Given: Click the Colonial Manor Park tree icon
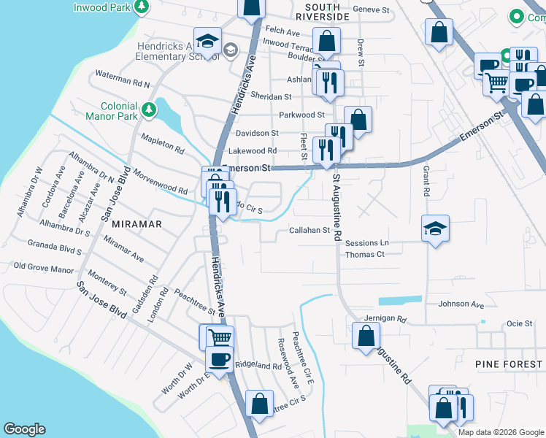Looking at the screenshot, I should coord(150,109).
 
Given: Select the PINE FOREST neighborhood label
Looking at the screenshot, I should coord(509,364).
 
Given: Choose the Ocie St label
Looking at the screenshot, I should coord(519,323).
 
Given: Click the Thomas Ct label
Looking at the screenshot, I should coord(364,254).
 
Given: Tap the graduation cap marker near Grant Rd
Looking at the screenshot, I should coord(435,228).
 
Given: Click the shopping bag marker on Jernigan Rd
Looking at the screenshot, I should coord(366,336).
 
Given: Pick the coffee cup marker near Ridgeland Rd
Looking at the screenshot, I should coord(219,358).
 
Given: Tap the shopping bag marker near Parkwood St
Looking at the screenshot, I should coord(358,119).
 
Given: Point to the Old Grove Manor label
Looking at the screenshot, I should coord(44,268).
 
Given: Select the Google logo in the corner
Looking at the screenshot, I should coord(24,429).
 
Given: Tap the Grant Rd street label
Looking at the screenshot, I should coord(426,181).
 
